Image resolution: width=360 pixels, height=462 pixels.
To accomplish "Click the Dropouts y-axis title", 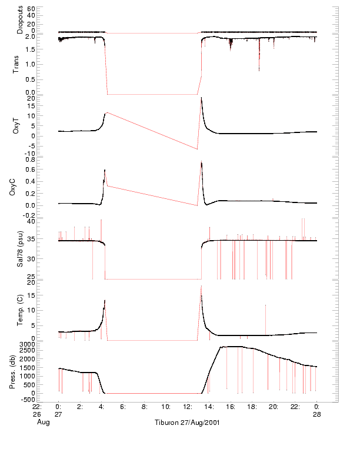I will click(20, 20).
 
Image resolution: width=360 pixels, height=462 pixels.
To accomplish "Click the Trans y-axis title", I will click(20, 64).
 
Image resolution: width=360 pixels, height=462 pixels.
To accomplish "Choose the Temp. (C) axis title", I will click(20, 311).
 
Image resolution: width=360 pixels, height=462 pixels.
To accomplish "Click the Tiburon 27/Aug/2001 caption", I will click(188, 423).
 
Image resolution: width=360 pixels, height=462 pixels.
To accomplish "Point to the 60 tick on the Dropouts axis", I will click(31, 9).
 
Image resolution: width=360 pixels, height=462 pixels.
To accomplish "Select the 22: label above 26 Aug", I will click(36, 406).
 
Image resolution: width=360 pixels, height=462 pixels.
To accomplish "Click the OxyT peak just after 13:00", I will click(201, 98).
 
